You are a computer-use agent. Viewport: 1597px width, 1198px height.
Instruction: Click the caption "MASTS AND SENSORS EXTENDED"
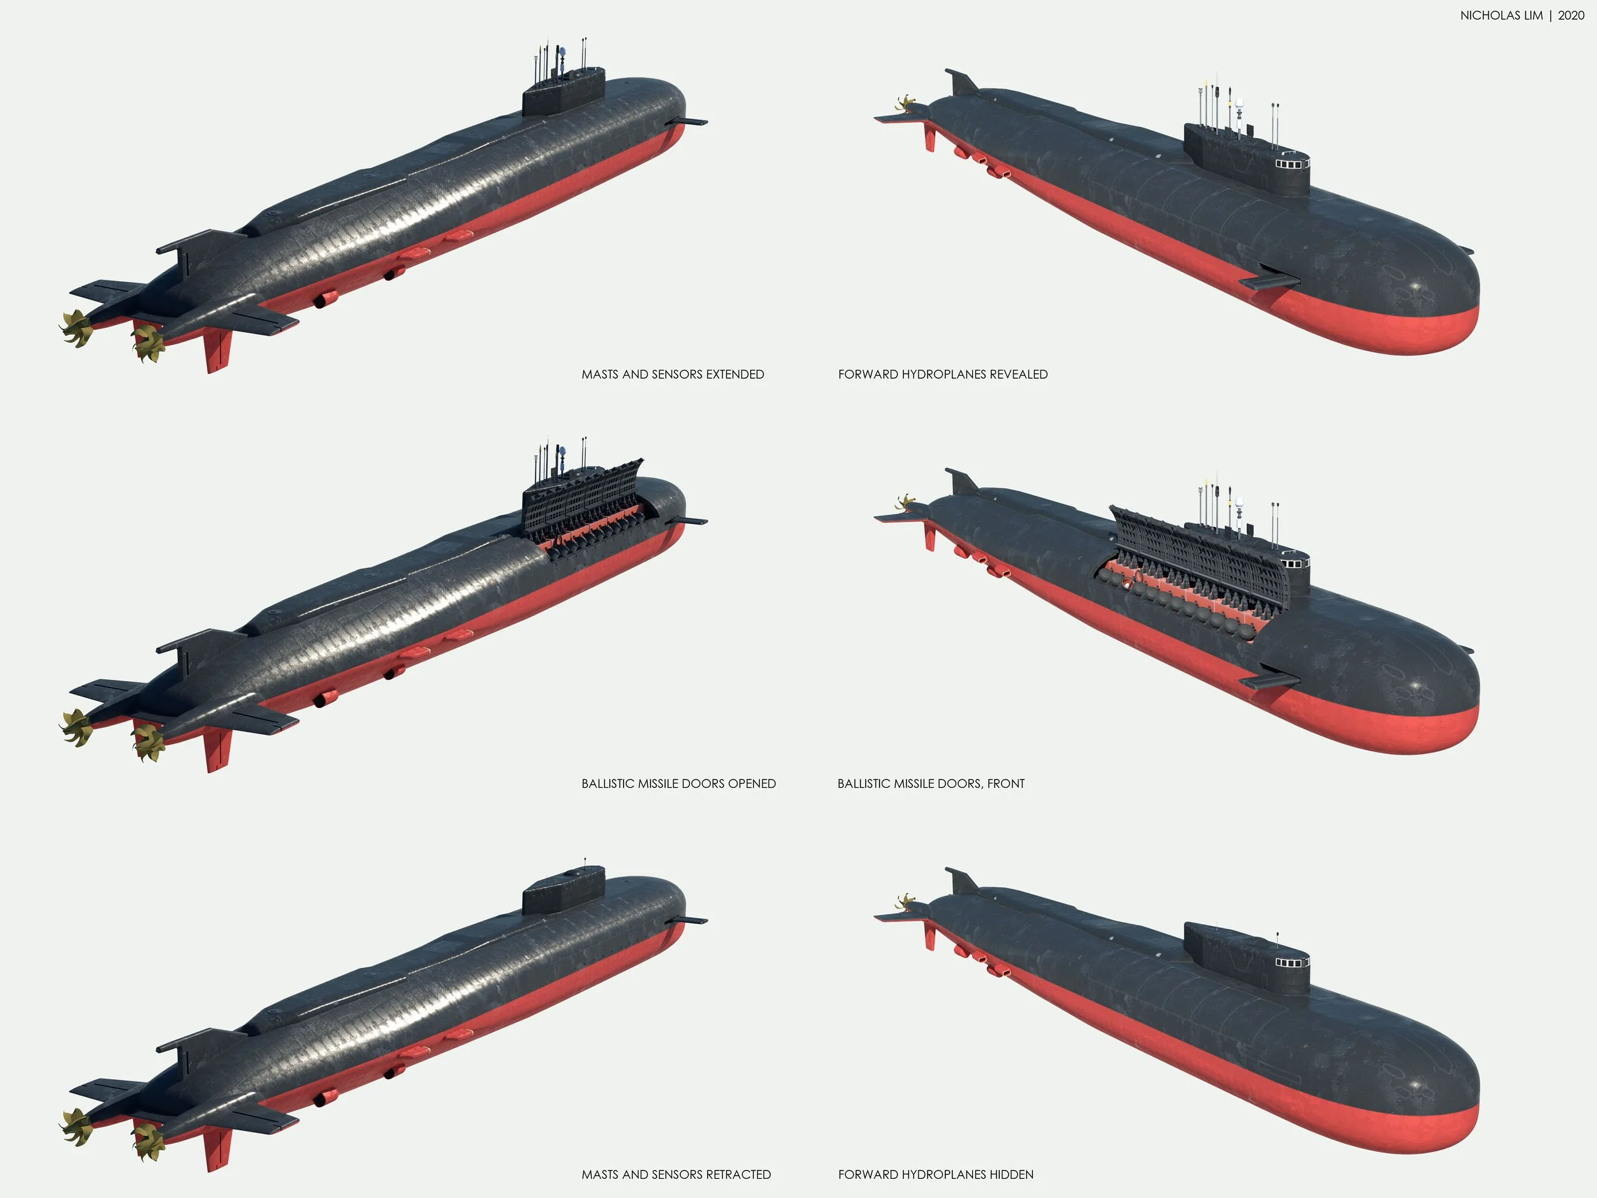672,374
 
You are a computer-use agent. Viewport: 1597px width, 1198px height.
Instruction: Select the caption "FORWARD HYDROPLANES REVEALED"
942,374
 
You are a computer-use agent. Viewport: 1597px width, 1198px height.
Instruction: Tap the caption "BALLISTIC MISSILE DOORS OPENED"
678,783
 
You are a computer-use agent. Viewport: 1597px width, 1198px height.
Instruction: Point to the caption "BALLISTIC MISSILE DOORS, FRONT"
931,783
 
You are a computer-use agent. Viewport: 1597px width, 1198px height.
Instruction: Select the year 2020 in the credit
1571,15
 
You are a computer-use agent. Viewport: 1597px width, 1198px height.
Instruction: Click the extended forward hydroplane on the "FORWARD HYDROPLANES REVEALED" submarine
1269,280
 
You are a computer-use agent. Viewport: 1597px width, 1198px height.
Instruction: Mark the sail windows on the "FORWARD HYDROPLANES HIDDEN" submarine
1290,963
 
